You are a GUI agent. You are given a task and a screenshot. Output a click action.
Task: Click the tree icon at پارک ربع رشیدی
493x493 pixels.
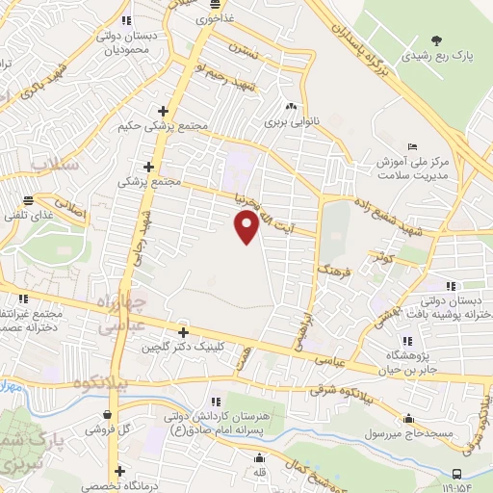click(x=437, y=40)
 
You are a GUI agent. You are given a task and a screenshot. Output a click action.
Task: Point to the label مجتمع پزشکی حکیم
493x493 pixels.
click(x=150, y=127)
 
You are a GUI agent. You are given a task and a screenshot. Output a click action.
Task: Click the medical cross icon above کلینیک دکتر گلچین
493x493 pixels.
click(x=182, y=331)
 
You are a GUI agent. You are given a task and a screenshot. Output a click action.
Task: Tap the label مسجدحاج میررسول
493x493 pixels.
click(x=410, y=434)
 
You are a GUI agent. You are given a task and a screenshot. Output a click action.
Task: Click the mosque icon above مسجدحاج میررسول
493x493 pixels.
click(x=410, y=418)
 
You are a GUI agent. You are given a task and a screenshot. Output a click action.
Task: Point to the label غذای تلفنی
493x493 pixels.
click(x=28, y=217)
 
